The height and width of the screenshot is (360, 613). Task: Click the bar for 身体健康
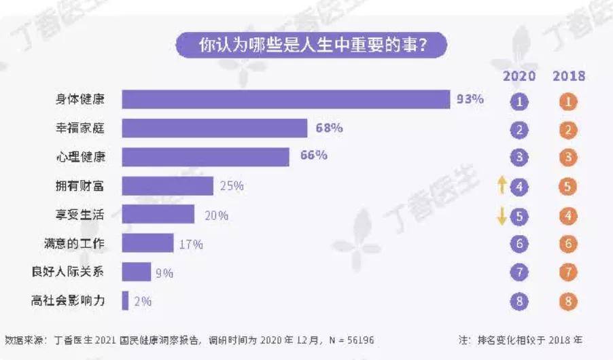285,99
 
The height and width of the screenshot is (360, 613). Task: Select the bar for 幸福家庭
215,128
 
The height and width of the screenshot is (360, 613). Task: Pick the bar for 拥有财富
167,185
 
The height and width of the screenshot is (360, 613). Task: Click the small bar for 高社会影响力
125,300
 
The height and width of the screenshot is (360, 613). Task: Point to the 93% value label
470,99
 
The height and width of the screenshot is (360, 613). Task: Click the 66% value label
314,156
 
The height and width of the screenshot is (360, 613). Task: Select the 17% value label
191,244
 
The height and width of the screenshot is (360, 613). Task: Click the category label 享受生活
80,215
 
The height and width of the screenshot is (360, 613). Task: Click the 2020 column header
519,75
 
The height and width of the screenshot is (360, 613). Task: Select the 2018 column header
569,75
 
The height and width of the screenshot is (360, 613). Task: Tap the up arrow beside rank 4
502,183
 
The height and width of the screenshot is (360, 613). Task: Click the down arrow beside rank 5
502,215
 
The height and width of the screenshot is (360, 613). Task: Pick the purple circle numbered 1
520,103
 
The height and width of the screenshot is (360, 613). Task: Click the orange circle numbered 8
569,301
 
